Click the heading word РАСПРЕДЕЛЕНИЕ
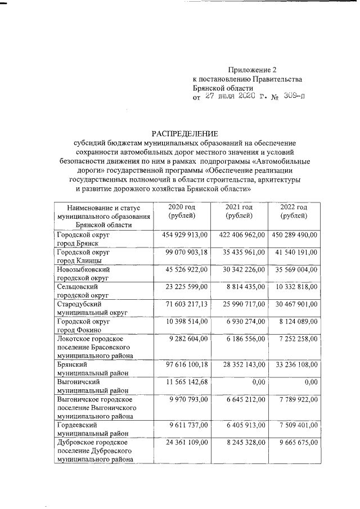[184, 133]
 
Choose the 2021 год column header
[238, 213]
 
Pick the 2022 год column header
[294, 213]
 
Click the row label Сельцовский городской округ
[83, 290]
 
